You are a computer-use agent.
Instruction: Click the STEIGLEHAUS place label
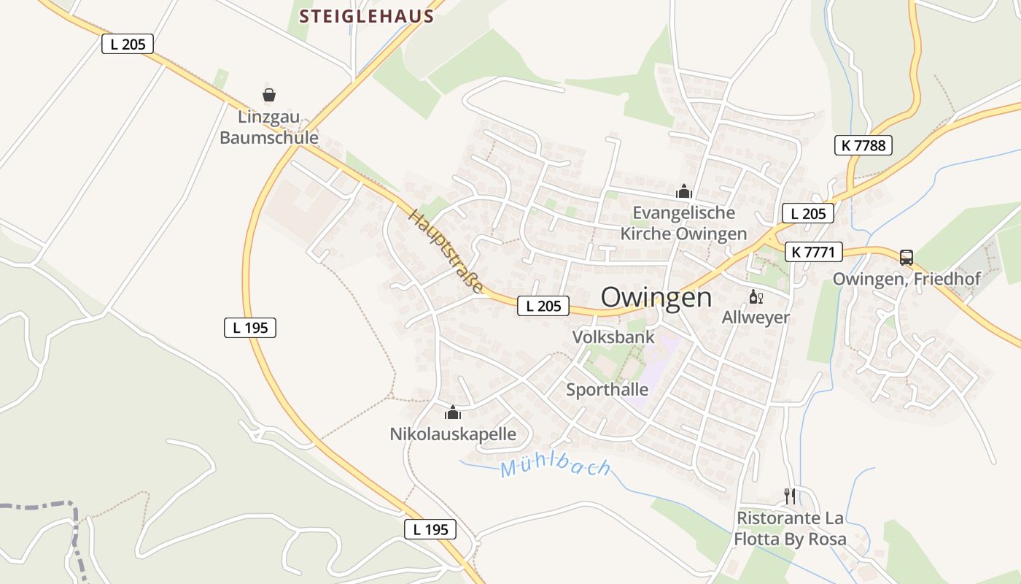click(x=367, y=15)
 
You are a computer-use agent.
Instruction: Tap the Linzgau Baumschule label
click(x=269, y=128)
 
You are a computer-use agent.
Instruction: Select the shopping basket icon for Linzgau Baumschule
click(x=269, y=95)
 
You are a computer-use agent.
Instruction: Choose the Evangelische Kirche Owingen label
click(x=684, y=223)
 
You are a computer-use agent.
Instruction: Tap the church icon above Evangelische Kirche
click(x=684, y=192)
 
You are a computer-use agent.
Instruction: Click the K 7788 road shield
click(x=863, y=145)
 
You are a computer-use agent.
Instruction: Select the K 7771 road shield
click(x=814, y=253)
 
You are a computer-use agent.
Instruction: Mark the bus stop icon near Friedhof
click(x=907, y=257)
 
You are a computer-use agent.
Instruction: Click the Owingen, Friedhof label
click(x=907, y=279)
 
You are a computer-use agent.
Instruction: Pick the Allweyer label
click(x=756, y=317)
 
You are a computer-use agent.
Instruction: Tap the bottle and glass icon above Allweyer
click(x=756, y=297)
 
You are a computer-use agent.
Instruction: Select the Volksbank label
click(x=614, y=337)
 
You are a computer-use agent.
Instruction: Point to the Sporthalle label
click(x=607, y=389)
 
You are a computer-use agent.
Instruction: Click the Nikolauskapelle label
click(x=453, y=434)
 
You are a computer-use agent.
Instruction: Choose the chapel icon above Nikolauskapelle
click(x=453, y=414)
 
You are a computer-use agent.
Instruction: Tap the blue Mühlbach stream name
click(x=556, y=466)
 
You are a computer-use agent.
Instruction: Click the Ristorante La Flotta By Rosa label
click(x=791, y=529)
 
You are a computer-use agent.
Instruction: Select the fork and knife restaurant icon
click(x=790, y=496)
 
